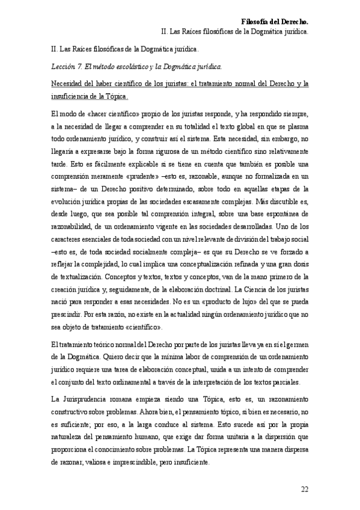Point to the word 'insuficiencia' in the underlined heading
tap(69, 96)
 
